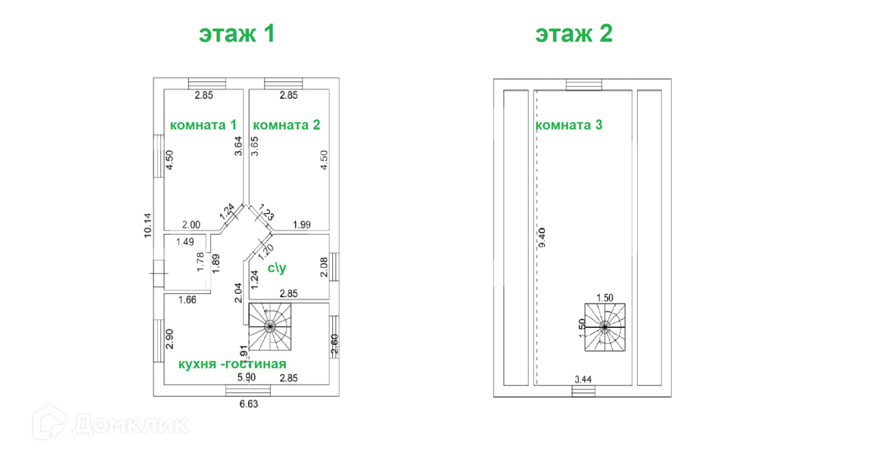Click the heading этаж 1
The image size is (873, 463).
(x=237, y=33)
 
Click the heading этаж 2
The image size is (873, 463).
(x=574, y=33)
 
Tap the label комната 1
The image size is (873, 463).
(x=203, y=125)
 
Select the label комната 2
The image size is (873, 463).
(x=286, y=125)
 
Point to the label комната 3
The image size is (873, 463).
(x=569, y=125)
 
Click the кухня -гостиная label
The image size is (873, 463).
(x=233, y=363)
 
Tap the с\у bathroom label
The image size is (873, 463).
(x=277, y=268)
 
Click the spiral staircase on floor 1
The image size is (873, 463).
(x=269, y=327)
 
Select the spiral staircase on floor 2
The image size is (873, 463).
(x=604, y=327)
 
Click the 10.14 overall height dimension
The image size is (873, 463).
(x=147, y=225)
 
